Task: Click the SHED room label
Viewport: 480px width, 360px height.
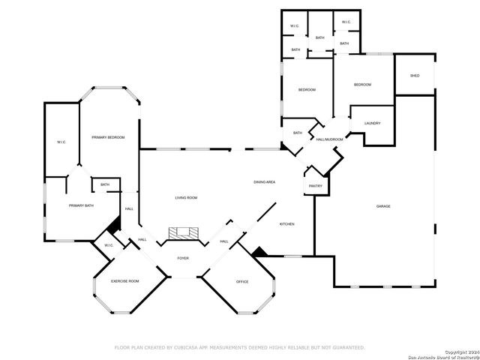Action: click(x=415, y=76)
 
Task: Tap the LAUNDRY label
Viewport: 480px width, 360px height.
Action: click(x=372, y=123)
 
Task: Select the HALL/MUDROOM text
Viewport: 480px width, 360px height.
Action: click(x=329, y=139)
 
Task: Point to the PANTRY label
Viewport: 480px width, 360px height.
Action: click(x=315, y=186)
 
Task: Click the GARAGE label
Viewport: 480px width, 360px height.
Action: click(x=383, y=206)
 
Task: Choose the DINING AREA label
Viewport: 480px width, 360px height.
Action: click(x=264, y=182)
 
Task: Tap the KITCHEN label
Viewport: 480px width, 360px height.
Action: click(x=287, y=224)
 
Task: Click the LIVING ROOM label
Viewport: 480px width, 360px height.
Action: click(x=186, y=197)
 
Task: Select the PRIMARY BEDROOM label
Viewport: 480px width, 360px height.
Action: click(x=108, y=137)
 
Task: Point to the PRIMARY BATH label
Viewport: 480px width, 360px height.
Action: click(x=81, y=205)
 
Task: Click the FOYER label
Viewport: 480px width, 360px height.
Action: click(x=183, y=259)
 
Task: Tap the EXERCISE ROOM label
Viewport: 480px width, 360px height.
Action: click(x=125, y=281)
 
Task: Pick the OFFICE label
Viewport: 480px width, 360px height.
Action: click(x=242, y=282)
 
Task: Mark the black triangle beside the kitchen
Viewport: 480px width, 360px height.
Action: click(x=259, y=253)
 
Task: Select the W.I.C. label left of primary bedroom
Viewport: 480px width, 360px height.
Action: click(x=61, y=142)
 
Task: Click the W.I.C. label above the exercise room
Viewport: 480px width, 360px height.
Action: click(x=109, y=245)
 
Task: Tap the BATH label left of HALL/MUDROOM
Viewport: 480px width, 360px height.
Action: click(x=298, y=133)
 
